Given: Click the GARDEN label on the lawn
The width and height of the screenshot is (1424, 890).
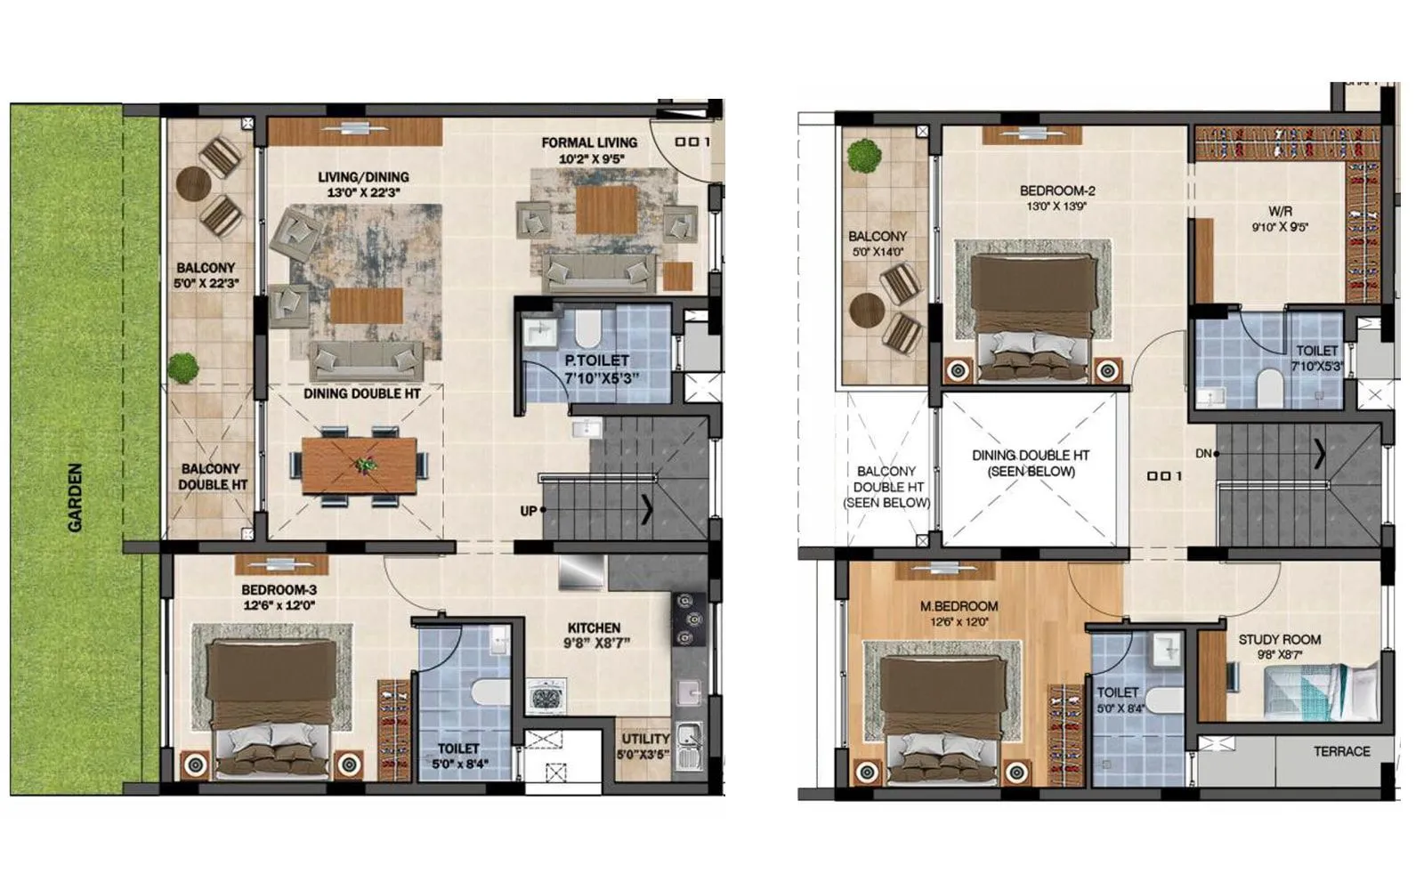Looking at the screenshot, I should pos(75,498).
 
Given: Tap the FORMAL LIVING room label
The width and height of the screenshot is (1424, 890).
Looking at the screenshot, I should pos(589,142).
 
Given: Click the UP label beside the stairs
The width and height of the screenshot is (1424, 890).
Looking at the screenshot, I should pos(528,511).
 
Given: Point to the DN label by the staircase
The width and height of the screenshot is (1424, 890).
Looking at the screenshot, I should pos(1202,454).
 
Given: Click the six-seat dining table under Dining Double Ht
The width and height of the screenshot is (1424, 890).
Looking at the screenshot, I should pos(360,465).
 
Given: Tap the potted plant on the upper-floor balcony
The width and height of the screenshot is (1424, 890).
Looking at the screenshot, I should pos(864,157).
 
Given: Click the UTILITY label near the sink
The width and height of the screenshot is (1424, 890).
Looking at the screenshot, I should pos(645,739).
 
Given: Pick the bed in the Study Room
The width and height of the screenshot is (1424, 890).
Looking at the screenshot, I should pos(1321,692).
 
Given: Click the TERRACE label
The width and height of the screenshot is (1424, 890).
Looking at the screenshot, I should pos(1341,751).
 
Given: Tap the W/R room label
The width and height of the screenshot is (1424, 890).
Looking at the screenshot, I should pos(1280,212).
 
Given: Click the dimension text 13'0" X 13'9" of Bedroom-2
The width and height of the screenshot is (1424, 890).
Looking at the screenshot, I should pos(1057,206).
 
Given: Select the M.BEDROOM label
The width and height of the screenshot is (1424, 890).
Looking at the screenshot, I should pos(959,607).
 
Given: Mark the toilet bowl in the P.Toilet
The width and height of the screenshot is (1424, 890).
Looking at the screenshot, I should pos(587,328).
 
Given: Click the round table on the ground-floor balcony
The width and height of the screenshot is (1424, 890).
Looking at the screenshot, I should pos(193,184).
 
